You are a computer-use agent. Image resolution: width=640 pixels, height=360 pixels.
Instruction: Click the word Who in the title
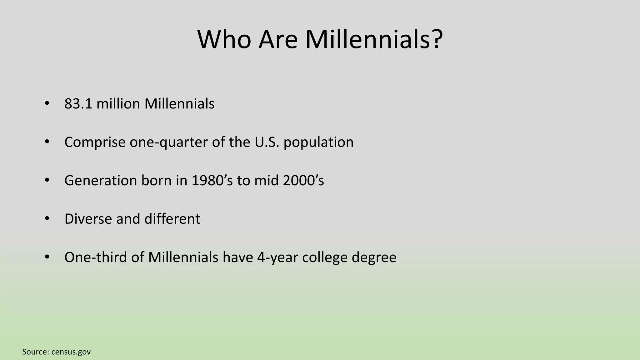click(x=224, y=40)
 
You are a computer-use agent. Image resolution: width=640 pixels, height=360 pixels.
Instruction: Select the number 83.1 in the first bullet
click(x=78, y=104)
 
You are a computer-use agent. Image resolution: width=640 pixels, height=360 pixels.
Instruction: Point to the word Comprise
click(x=95, y=142)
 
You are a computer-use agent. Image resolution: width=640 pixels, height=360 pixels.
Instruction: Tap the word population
click(x=318, y=142)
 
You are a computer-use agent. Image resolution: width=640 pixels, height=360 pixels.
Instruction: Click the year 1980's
click(x=212, y=181)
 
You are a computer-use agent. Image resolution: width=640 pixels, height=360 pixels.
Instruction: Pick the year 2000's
click(x=303, y=181)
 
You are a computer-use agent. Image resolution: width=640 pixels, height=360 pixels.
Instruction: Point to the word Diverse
click(x=88, y=219)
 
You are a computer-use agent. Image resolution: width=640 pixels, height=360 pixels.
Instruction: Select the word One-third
click(x=95, y=257)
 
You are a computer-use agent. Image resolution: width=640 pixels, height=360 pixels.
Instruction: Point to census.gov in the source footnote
click(x=71, y=352)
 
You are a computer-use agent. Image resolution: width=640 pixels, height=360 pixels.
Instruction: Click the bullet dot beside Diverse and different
click(x=47, y=218)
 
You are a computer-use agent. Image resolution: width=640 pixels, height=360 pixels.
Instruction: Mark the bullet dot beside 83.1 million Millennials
click(x=47, y=103)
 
